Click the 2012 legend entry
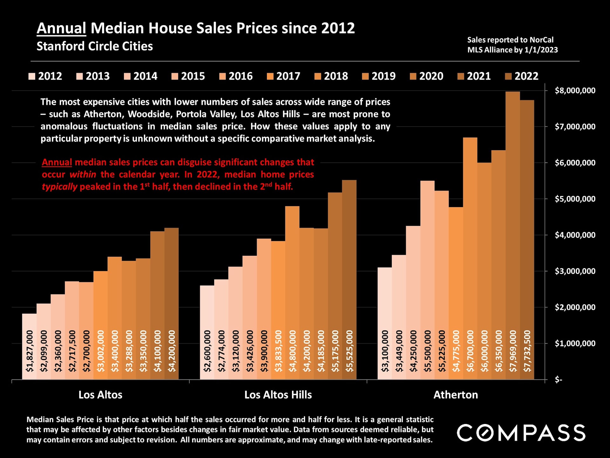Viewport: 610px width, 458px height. [x=45, y=76]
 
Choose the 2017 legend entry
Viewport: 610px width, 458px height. [x=283, y=76]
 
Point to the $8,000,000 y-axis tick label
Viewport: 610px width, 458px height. [x=575, y=91]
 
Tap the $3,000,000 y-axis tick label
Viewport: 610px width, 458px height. [x=575, y=271]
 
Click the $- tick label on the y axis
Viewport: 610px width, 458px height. [x=558, y=380]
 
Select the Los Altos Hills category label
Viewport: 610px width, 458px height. [x=278, y=395]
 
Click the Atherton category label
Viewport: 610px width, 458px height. [x=456, y=395]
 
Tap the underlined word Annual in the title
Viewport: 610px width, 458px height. [x=61, y=28]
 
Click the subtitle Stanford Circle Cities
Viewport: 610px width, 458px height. [x=95, y=46]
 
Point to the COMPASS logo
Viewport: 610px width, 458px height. [x=521, y=433]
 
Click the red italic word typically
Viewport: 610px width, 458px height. [x=59, y=187]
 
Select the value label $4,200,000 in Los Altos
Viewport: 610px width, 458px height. [x=172, y=351]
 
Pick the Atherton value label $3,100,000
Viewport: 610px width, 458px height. [x=385, y=351]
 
